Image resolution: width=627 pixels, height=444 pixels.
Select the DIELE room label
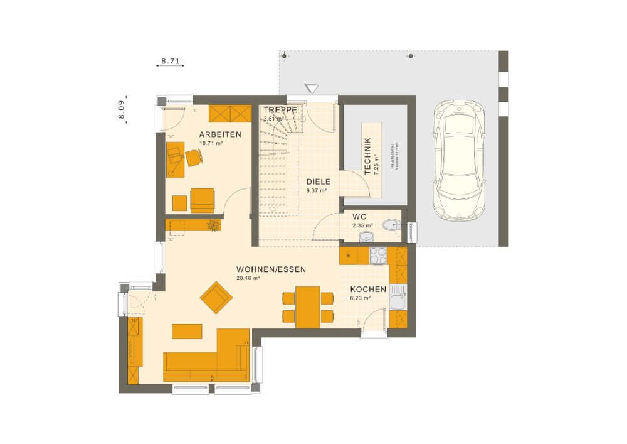point(318,181)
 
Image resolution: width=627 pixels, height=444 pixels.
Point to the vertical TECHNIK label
point(367,156)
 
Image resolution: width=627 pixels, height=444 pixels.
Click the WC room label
point(359,217)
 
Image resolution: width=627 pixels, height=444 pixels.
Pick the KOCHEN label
point(368,289)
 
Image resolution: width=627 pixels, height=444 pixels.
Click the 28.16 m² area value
point(248,278)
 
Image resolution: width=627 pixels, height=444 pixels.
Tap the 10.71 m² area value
point(211,143)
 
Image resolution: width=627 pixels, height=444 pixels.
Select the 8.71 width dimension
point(171,62)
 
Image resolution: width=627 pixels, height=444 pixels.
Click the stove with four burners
point(378,256)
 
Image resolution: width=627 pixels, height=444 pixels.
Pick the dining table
point(307,306)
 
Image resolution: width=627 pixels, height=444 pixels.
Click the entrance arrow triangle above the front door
point(312,89)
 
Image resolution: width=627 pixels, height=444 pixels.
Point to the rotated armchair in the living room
point(215,296)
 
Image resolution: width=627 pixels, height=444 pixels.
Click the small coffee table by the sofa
point(187,330)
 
